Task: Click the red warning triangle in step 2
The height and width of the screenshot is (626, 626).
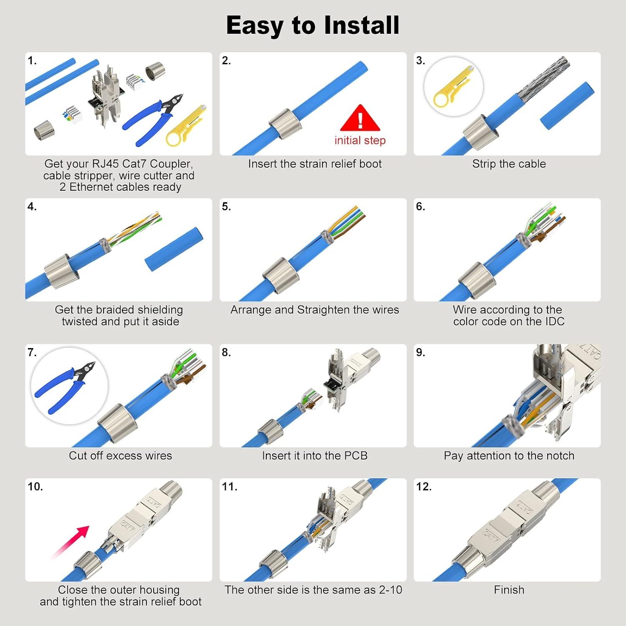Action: point(360,119)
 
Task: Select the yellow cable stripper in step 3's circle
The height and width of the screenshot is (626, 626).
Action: point(453,88)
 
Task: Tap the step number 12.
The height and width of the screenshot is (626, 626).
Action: point(424,487)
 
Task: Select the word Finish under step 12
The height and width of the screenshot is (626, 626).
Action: point(509,590)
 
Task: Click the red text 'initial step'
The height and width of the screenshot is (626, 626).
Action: point(360,141)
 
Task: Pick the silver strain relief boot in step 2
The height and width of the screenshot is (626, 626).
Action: point(285,124)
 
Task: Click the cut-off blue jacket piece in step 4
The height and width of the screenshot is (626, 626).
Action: point(174,249)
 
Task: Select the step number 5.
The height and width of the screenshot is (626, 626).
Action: point(226,207)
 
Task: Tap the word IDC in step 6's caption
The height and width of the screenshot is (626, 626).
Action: point(554,321)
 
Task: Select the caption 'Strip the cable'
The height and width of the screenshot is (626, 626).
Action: point(509,164)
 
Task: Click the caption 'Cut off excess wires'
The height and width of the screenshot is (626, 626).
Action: point(120,456)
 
